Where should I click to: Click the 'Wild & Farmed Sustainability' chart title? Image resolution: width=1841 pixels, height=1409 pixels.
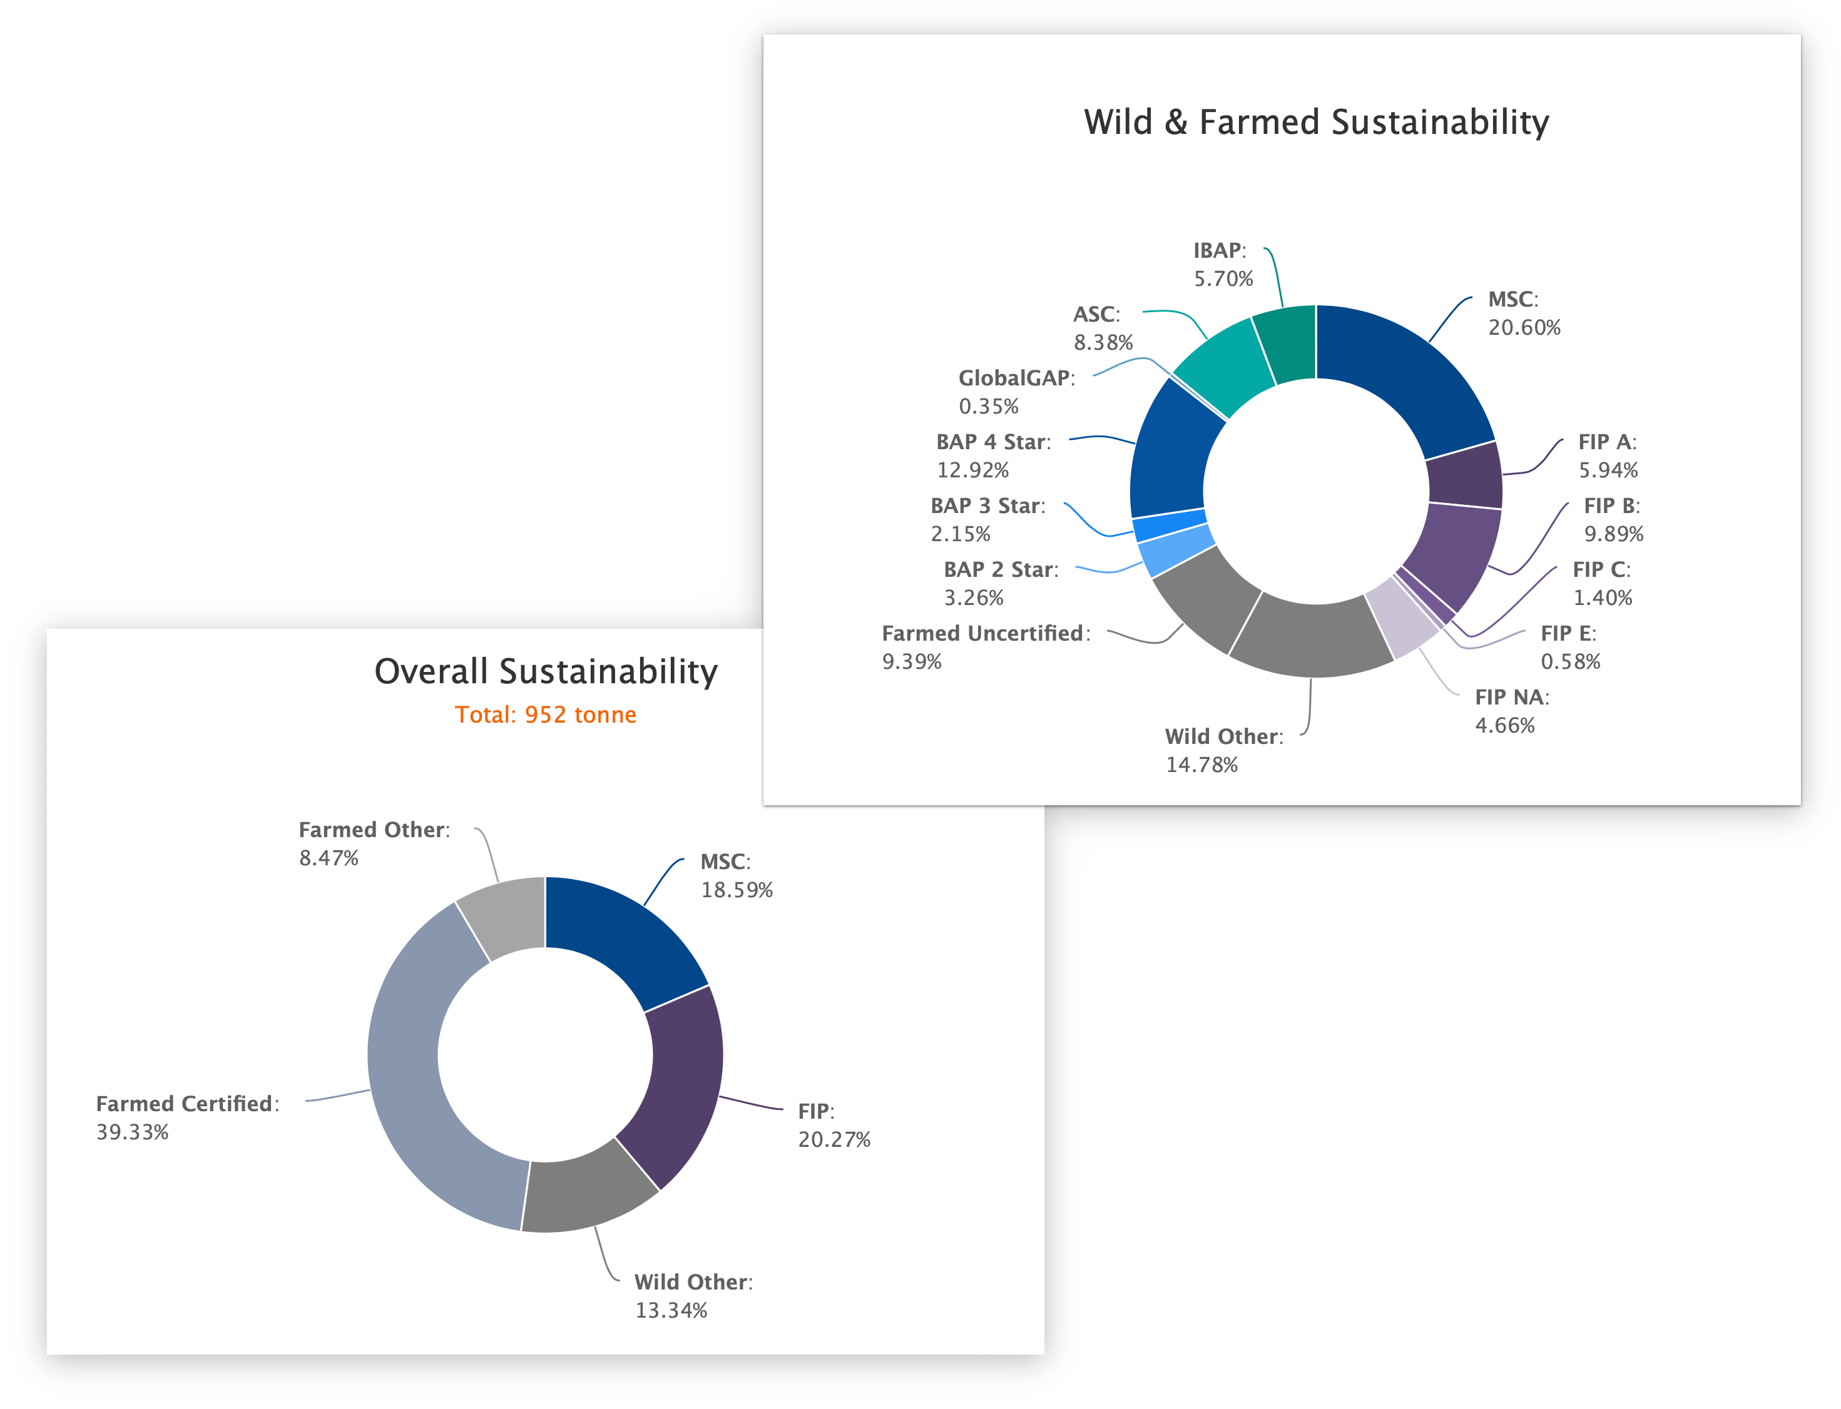tap(1315, 123)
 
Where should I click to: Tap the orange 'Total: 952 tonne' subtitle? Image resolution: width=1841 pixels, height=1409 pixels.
tap(545, 715)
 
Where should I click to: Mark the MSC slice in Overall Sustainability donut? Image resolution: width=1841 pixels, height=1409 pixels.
tap(629, 939)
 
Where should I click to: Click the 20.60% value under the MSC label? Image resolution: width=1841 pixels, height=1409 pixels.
tap(1524, 328)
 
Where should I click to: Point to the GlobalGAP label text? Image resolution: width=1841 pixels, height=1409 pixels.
tap(1016, 379)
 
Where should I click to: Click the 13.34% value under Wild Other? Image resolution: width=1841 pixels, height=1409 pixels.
tap(671, 1310)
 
